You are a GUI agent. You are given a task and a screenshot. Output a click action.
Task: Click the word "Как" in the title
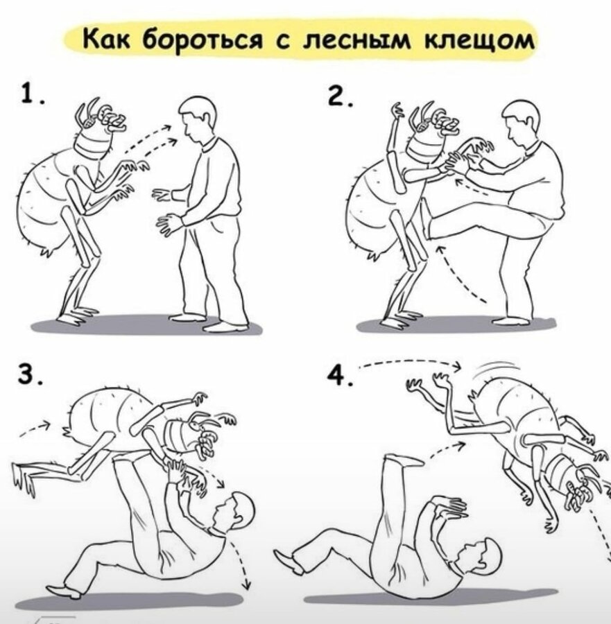(106, 40)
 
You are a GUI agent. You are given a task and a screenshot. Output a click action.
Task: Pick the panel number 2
(338, 96)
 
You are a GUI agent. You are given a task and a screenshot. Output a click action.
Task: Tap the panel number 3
(28, 374)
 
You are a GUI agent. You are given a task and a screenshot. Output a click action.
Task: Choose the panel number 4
(338, 375)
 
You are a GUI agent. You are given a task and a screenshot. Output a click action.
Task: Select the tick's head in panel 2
(432, 131)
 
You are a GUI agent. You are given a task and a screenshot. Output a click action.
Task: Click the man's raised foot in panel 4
(402, 460)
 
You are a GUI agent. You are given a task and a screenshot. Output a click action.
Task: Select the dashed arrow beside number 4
(410, 362)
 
